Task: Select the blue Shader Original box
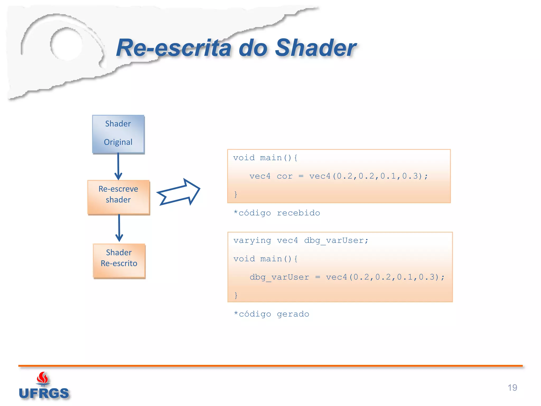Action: tap(118, 134)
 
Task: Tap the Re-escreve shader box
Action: tap(118, 197)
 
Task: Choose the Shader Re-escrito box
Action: tap(119, 260)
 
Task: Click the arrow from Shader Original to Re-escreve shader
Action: tap(118, 167)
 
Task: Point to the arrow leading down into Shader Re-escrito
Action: tap(119, 228)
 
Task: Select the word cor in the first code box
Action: tap(285, 176)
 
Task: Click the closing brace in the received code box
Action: tap(236, 195)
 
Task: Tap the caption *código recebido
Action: tap(277, 213)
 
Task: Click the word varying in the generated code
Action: tap(252, 240)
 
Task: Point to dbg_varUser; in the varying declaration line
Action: tap(336, 241)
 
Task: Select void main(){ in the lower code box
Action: tap(265, 259)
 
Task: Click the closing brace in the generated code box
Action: tap(236, 295)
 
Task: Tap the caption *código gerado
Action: tap(271, 314)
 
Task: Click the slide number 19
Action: tap(512, 387)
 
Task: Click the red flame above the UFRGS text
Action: tap(43, 378)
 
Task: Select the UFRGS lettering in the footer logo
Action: tap(44, 393)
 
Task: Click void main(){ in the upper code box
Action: tap(265, 158)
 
